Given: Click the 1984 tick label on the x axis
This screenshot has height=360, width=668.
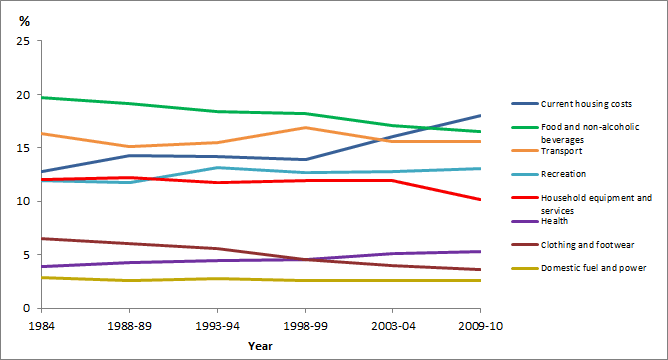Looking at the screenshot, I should pos(41,326).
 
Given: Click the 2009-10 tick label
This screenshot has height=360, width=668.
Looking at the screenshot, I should pos(480,326).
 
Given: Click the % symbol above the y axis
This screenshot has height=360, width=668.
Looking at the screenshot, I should pos(25,21).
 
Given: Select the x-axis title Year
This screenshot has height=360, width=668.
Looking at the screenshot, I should pos(260,346).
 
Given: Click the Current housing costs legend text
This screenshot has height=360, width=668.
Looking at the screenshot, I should pos(586,104).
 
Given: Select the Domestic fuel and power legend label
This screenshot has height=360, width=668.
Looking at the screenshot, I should pos(593,268).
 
